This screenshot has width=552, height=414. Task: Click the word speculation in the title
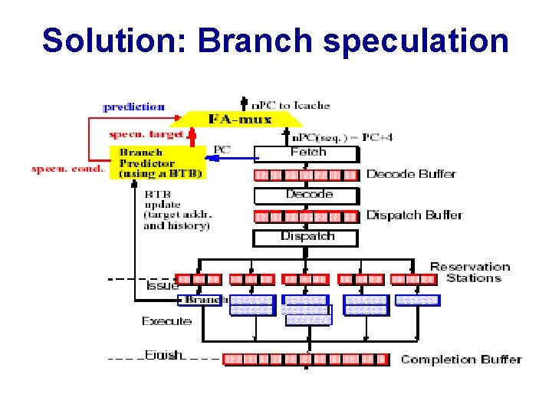(415, 41)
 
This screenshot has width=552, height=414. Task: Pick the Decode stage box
(305, 195)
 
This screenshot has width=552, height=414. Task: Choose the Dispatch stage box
(305, 237)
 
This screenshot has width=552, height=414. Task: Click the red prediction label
(135, 107)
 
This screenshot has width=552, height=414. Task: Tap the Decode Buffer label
(411, 174)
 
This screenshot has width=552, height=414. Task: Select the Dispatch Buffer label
(414, 215)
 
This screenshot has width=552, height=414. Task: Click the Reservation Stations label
(469, 272)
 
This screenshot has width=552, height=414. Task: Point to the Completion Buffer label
(461, 359)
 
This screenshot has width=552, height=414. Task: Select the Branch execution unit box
(202, 300)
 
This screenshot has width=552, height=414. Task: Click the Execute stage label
(166, 321)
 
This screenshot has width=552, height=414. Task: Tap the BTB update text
(176, 210)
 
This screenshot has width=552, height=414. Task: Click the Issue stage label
(163, 286)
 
